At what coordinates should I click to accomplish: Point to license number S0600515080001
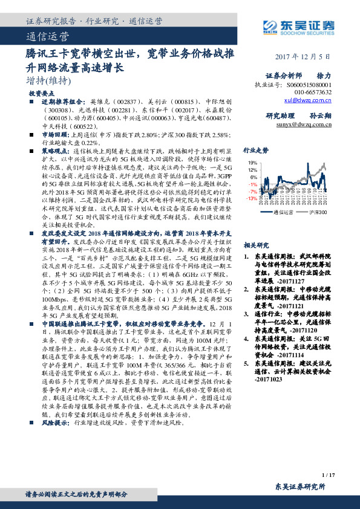[309, 85]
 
